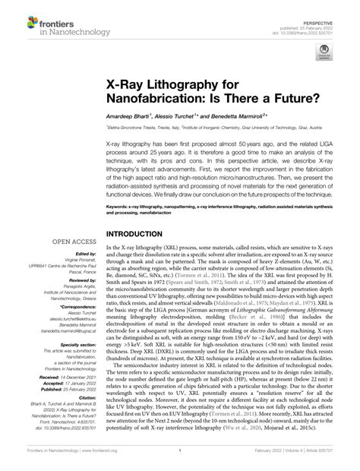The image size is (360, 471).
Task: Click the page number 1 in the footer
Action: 178,460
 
